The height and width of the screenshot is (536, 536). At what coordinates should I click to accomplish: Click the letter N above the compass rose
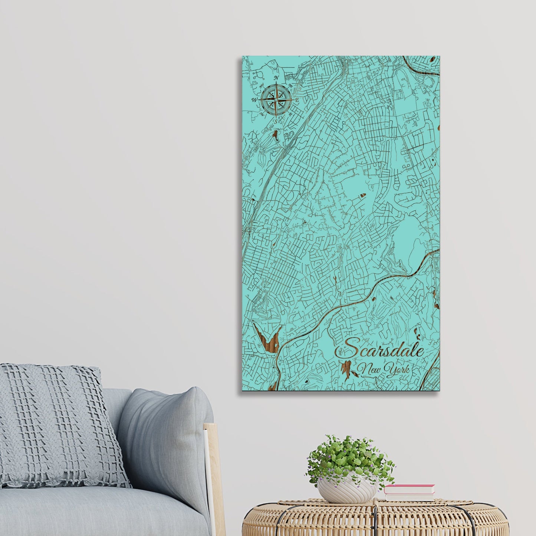[x=276, y=78]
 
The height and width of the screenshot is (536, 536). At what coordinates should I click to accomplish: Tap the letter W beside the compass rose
[x=254, y=100]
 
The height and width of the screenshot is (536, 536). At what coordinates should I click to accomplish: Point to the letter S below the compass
[x=275, y=121]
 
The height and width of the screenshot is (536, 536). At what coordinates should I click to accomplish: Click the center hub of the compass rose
[x=276, y=99]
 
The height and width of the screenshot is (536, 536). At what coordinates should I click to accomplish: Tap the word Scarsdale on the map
[x=379, y=349]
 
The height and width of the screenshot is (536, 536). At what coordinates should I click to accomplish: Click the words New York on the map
[x=385, y=369]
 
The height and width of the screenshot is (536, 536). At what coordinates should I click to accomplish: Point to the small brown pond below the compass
[x=275, y=134]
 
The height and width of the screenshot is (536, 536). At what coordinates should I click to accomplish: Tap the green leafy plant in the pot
[x=349, y=458]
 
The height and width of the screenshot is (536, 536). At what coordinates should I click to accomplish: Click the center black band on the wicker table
[x=375, y=519]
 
